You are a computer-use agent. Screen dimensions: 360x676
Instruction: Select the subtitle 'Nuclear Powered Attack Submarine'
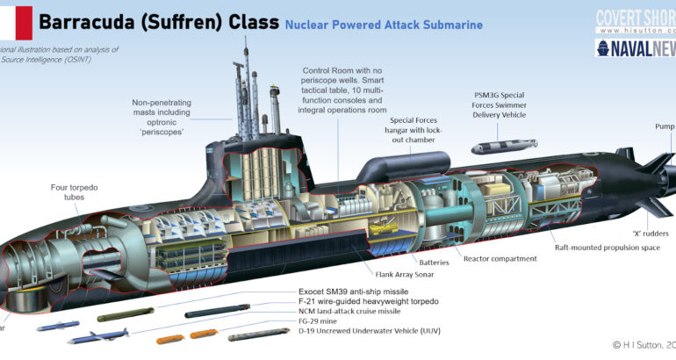[x=384, y=25]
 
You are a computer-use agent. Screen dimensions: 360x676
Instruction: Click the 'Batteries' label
[x=434, y=262]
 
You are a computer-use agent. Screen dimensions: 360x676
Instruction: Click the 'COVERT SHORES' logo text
[x=635, y=17]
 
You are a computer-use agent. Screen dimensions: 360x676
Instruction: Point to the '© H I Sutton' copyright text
[x=637, y=345]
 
